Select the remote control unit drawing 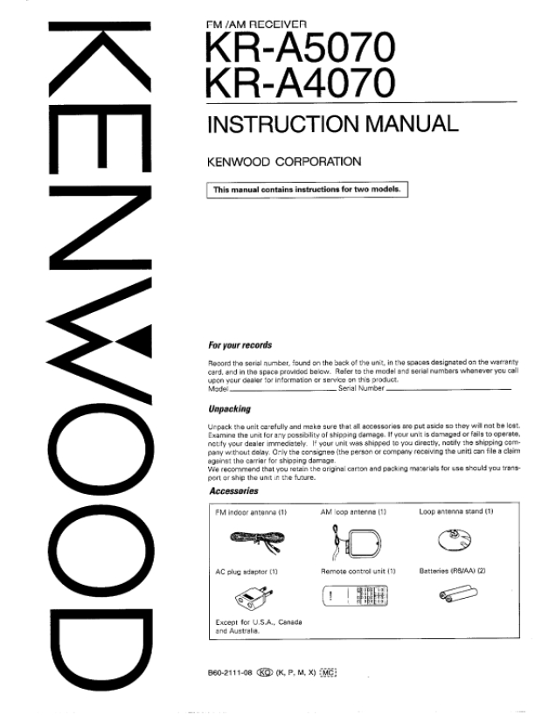click(359, 598)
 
